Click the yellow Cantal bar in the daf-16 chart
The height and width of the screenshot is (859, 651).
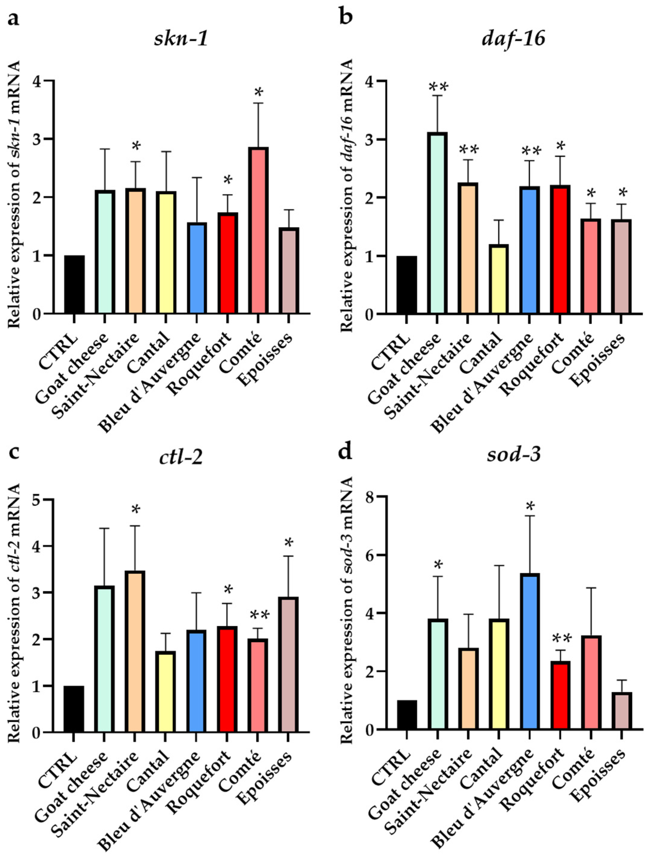point(498,279)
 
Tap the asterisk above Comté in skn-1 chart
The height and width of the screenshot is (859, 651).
point(258,93)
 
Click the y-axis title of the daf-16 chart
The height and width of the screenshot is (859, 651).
point(347,196)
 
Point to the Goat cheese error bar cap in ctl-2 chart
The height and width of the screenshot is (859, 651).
point(104,528)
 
